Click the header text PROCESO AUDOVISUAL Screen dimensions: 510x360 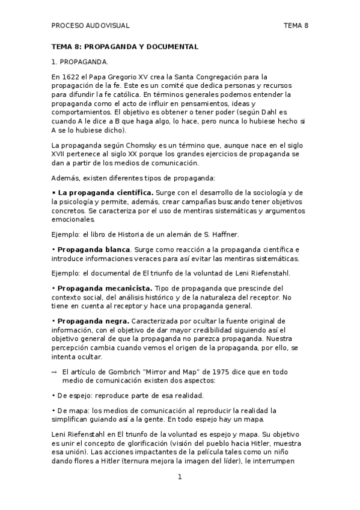coord(90,25)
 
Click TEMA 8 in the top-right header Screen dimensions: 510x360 coord(296,25)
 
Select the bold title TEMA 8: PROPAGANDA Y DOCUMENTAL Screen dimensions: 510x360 coord(125,46)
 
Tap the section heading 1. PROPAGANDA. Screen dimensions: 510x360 coord(80,61)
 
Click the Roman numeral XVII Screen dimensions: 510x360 coord(61,155)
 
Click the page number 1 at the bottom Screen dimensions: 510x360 coord(179,477)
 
